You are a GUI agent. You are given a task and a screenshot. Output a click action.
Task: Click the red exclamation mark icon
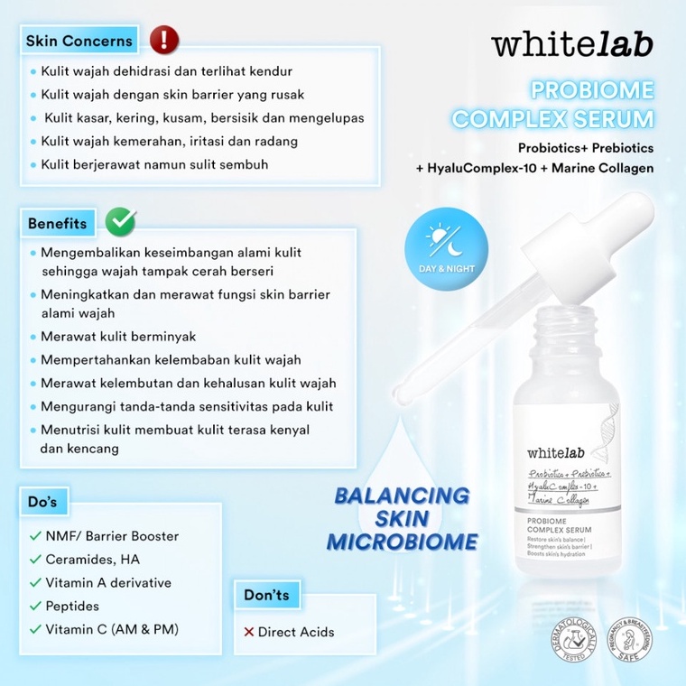[164, 39]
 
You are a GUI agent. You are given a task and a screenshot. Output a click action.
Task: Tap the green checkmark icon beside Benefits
[121, 221]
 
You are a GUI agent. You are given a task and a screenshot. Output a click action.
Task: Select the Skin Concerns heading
[79, 41]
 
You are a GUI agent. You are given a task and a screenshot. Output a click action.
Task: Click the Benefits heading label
[57, 223]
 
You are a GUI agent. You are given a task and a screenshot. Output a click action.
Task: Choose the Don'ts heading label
[266, 595]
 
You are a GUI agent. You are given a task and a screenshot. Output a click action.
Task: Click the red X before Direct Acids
[248, 632]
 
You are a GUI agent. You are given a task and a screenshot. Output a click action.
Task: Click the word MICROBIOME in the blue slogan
[402, 542]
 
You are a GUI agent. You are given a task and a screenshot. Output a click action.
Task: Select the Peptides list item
[72, 606]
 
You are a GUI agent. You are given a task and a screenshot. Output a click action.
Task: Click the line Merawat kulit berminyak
[118, 336]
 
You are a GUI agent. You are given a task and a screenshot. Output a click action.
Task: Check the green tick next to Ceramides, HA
[34, 560]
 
